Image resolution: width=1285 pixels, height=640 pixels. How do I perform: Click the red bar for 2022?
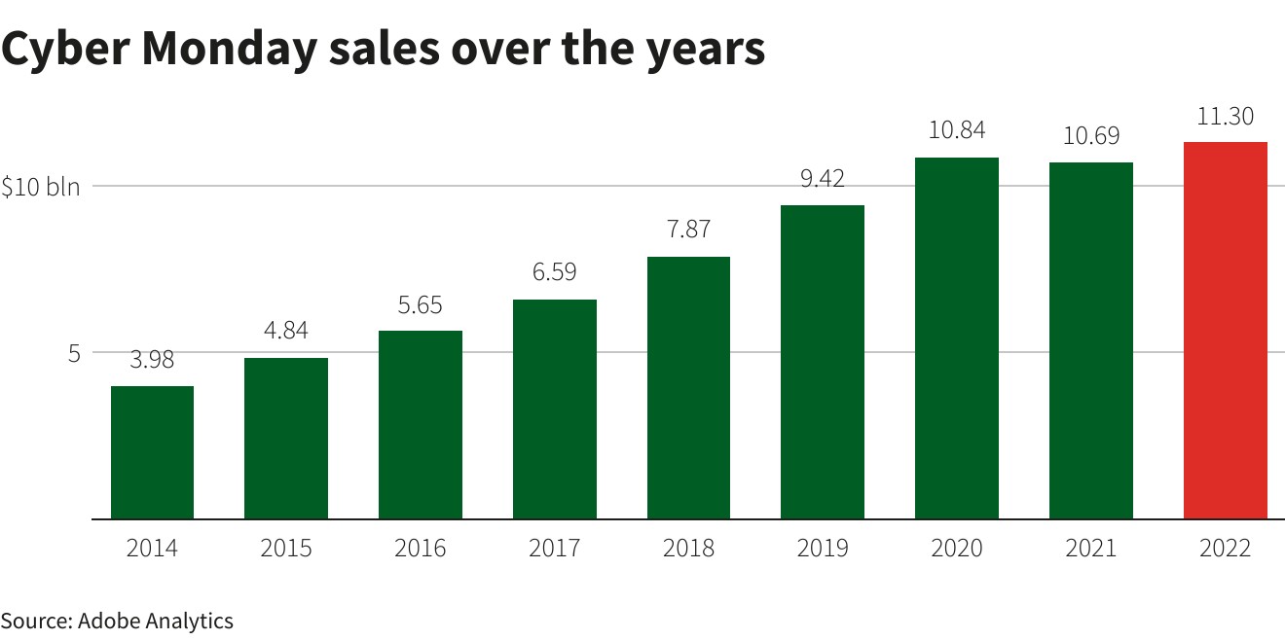pos(1225,331)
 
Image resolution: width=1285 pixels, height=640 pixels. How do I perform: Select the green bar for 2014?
pos(152,452)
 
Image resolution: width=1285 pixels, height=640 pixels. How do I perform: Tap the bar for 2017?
pos(554,409)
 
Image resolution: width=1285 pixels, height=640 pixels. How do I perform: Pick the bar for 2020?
pos(956,338)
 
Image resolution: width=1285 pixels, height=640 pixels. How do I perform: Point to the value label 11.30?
pos(1225,117)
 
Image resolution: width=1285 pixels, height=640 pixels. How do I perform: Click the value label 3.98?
pos(152,360)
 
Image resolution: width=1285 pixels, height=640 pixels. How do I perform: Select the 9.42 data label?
pos(823,179)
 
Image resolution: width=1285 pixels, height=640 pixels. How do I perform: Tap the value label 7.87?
pos(688,231)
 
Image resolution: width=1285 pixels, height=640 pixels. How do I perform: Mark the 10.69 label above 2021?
pos(1090,137)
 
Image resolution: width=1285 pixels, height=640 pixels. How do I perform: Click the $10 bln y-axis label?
pos(40,188)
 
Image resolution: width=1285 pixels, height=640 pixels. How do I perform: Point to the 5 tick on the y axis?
pos(74,353)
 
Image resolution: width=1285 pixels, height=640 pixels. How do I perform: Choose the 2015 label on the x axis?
pos(286,549)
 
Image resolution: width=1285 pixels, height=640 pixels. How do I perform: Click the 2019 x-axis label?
pos(823,549)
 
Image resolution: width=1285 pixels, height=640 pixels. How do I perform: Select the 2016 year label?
pos(420,549)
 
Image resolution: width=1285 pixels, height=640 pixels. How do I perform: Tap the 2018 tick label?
pos(688,549)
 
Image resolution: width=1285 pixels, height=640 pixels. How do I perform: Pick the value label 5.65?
pos(420,305)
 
